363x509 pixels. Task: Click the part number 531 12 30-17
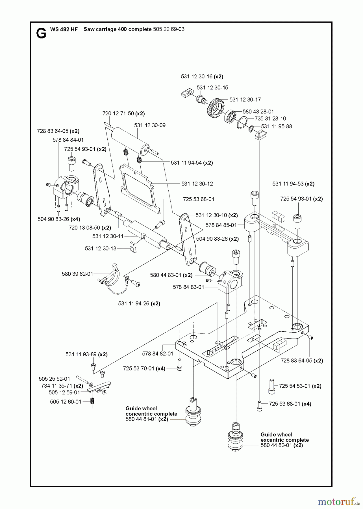(245, 100)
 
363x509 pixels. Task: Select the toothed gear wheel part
(214, 106)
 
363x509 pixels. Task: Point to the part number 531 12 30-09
(150, 125)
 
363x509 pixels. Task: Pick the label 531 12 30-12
(197, 184)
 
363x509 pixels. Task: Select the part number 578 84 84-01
(68, 140)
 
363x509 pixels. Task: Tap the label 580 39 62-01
(77, 274)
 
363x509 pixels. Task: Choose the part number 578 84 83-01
(188, 287)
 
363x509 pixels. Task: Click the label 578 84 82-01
(158, 353)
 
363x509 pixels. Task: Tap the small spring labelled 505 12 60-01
(92, 401)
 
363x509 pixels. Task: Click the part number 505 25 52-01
(54, 379)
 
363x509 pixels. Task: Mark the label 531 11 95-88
(276, 126)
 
